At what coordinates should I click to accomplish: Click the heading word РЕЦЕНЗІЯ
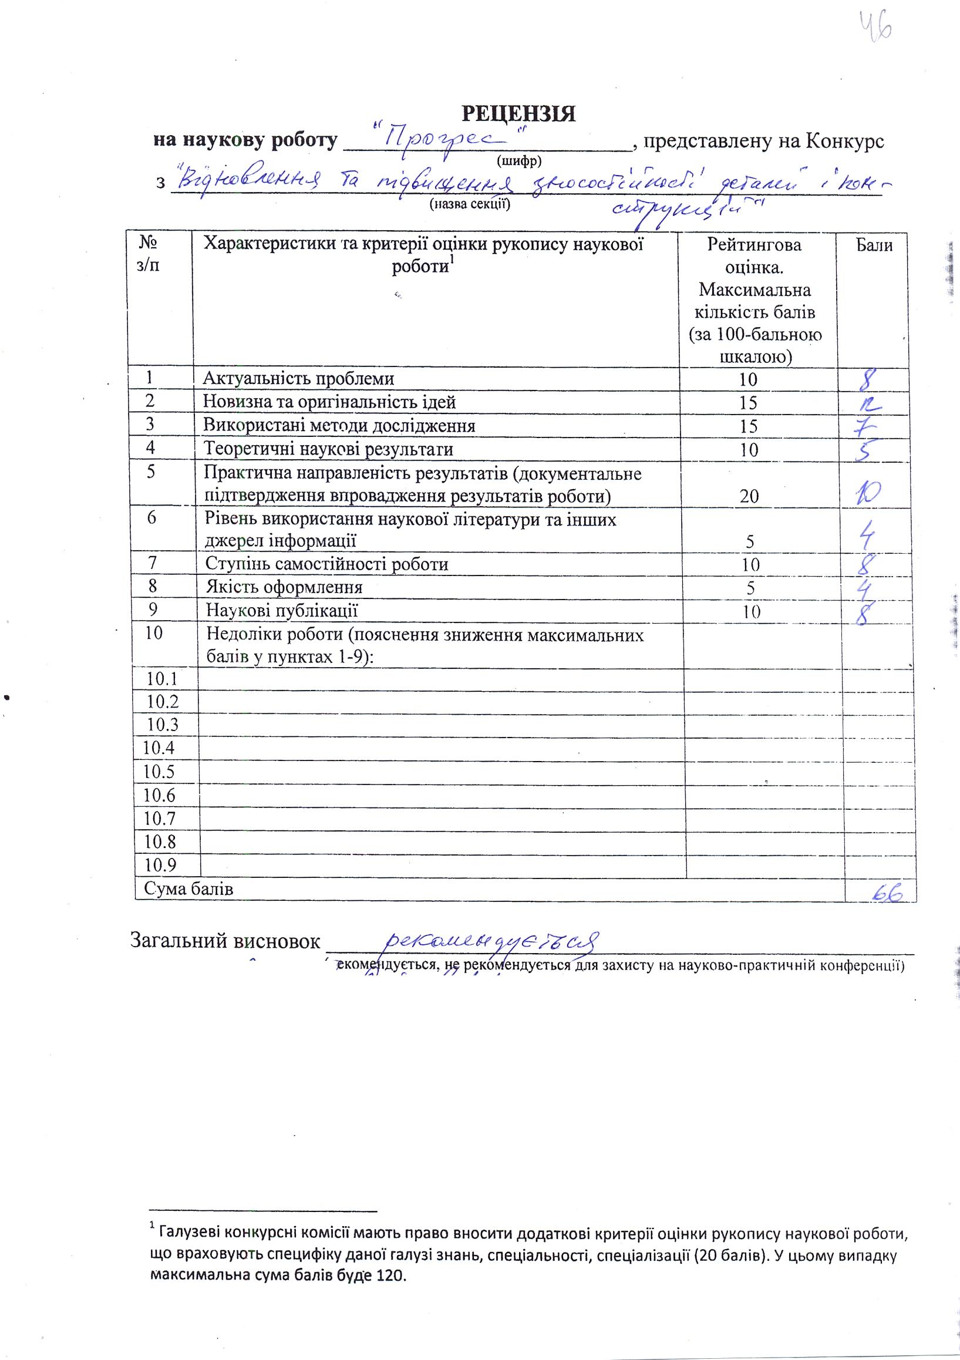click(518, 113)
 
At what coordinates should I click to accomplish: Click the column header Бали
click(874, 245)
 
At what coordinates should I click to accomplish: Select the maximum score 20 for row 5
click(749, 496)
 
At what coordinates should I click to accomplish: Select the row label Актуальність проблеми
click(298, 379)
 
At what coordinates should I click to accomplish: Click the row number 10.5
click(160, 771)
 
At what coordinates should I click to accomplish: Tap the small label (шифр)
click(520, 160)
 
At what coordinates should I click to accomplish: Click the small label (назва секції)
click(470, 204)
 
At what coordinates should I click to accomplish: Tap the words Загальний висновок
click(224, 941)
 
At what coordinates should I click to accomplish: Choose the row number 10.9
click(160, 865)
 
